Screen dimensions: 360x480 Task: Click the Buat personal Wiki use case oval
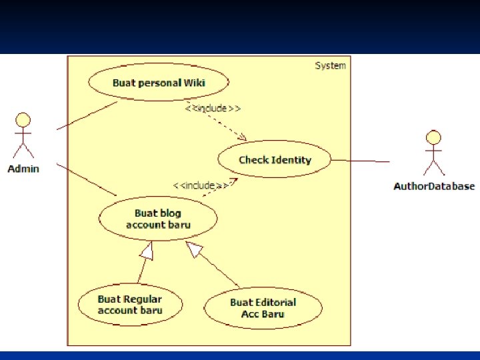[x=159, y=83]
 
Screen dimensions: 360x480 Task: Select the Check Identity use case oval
[x=275, y=160]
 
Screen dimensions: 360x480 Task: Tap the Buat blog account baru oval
[x=158, y=219]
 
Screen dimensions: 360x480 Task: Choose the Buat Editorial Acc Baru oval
[x=263, y=308]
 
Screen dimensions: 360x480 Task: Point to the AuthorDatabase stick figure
[x=434, y=153]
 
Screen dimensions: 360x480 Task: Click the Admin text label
[x=23, y=169]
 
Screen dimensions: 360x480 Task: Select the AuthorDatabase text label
[x=434, y=186]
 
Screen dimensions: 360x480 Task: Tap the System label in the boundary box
[x=330, y=65]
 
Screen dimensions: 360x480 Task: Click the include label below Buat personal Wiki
[x=213, y=107]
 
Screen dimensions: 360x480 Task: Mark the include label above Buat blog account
[x=201, y=185]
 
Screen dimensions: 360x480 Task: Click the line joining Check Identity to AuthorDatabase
[x=360, y=161]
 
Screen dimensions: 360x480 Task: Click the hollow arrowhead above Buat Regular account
[x=146, y=251]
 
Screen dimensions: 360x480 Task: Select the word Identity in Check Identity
[x=291, y=160]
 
